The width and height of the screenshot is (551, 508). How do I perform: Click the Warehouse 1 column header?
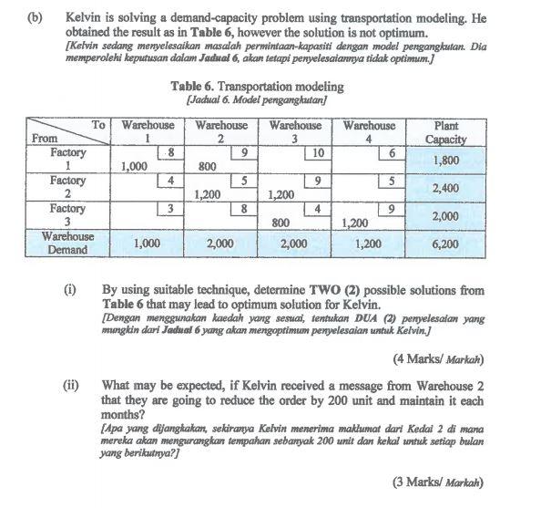coord(148,131)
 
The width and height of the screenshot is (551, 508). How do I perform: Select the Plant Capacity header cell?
coord(446,131)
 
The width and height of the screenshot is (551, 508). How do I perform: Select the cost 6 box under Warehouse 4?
coord(391,154)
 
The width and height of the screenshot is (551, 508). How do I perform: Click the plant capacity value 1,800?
coord(446,160)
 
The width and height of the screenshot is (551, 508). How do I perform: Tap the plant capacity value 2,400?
coord(446,188)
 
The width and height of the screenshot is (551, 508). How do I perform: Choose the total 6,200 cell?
coord(446,244)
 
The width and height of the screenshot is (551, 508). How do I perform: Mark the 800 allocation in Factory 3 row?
coord(281,222)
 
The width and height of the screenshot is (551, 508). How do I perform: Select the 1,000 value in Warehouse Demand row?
coord(148,244)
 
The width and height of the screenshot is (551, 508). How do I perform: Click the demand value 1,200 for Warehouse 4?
coord(369,244)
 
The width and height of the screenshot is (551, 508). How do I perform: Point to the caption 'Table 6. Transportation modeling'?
coord(257,87)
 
